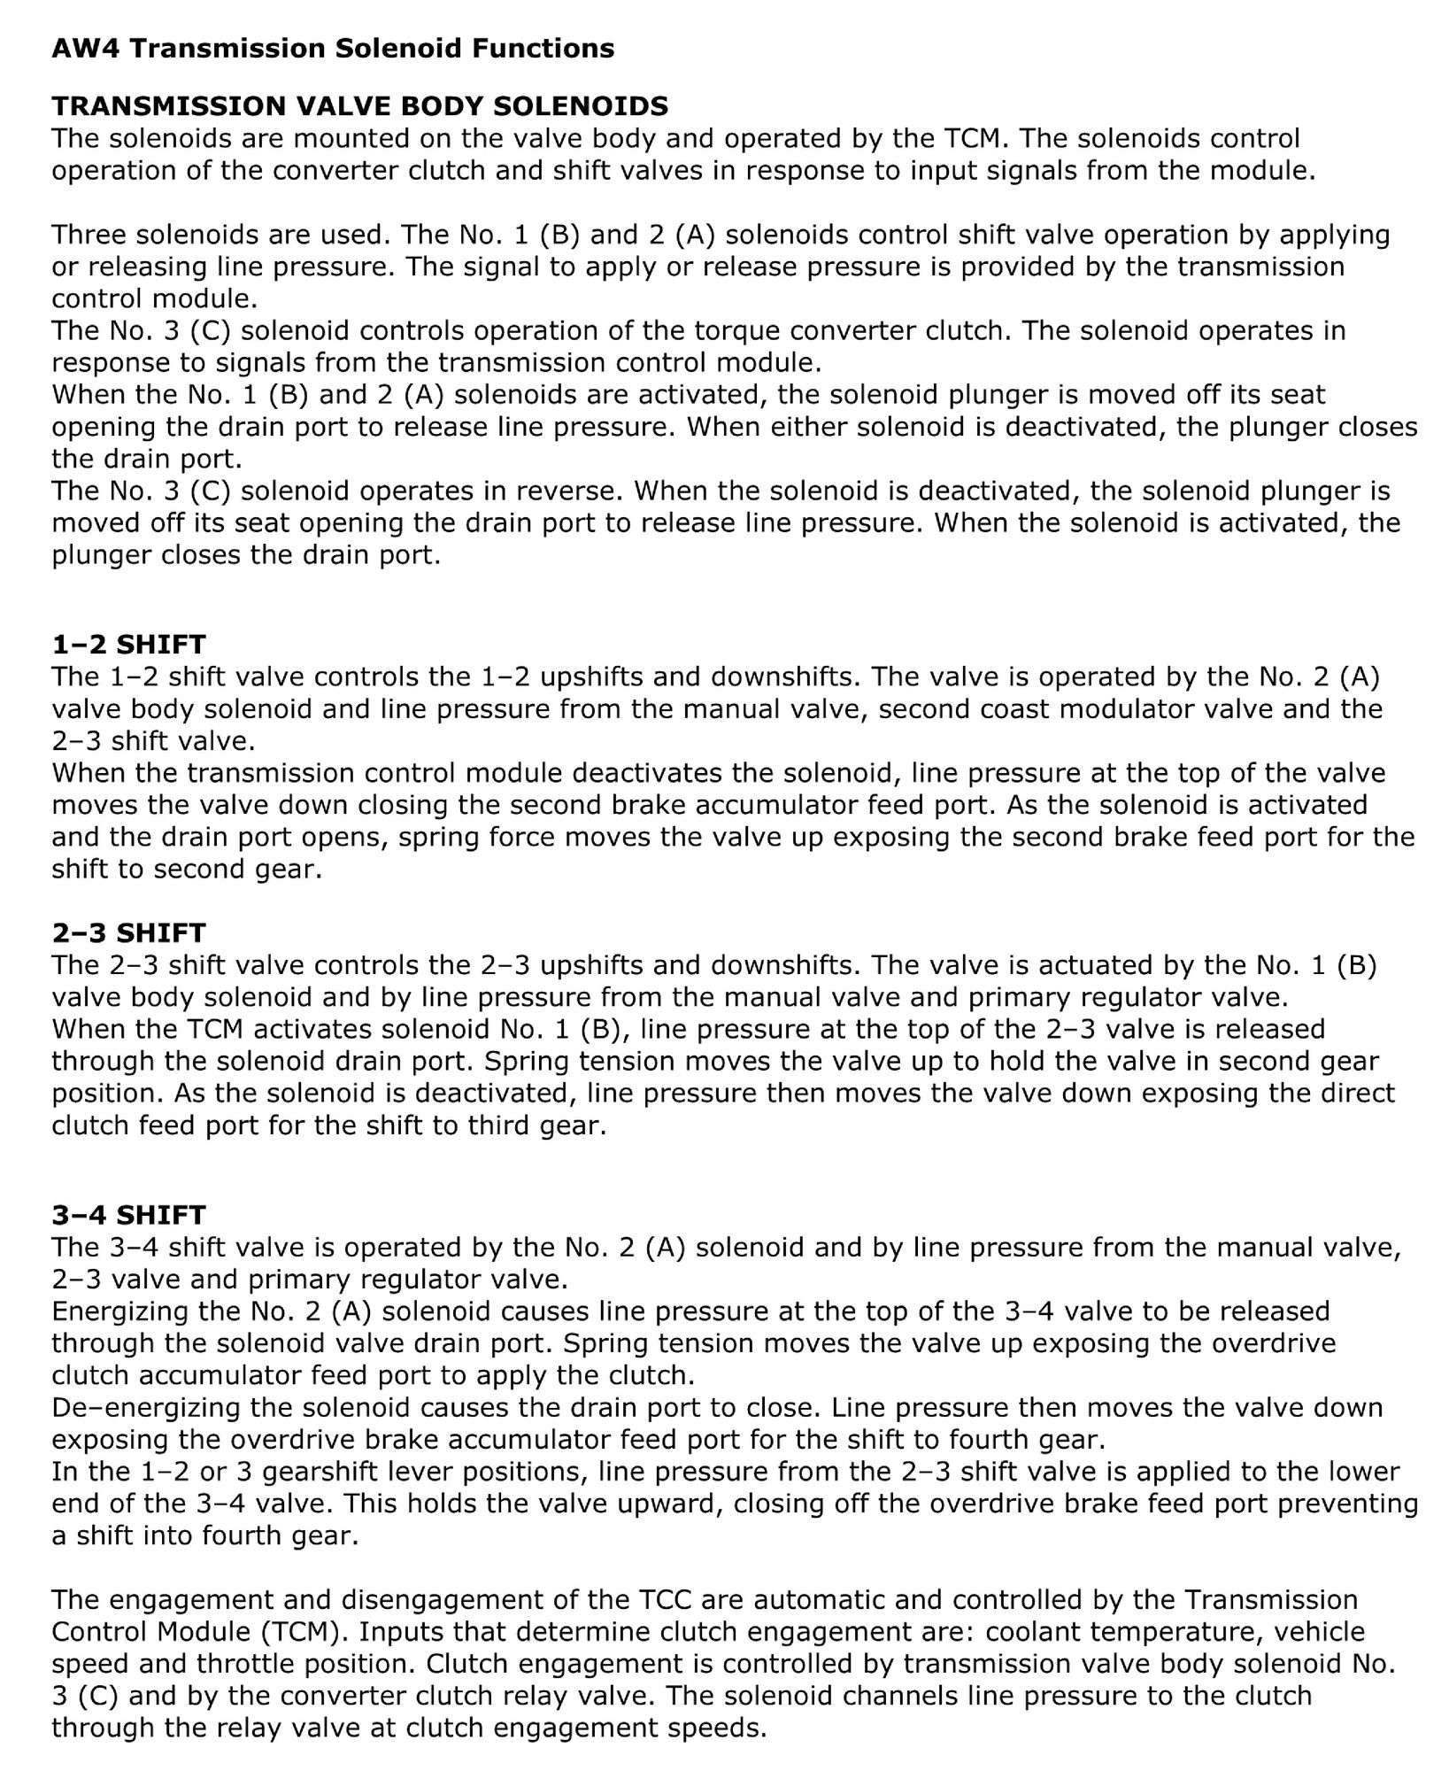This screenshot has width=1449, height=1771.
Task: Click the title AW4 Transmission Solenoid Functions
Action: point(333,48)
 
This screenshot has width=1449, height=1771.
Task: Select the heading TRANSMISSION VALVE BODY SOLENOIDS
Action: point(359,106)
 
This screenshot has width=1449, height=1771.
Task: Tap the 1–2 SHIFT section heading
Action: point(128,644)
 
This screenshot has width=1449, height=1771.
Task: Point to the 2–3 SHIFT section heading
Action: point(128,932)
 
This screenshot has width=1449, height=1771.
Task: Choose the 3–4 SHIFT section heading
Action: point(128,1214)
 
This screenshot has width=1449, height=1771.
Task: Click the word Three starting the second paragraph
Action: point(88,235)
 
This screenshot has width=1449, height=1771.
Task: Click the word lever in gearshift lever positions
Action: point(432,1472)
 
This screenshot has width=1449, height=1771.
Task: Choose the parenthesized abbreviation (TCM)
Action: point(303,1632)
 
